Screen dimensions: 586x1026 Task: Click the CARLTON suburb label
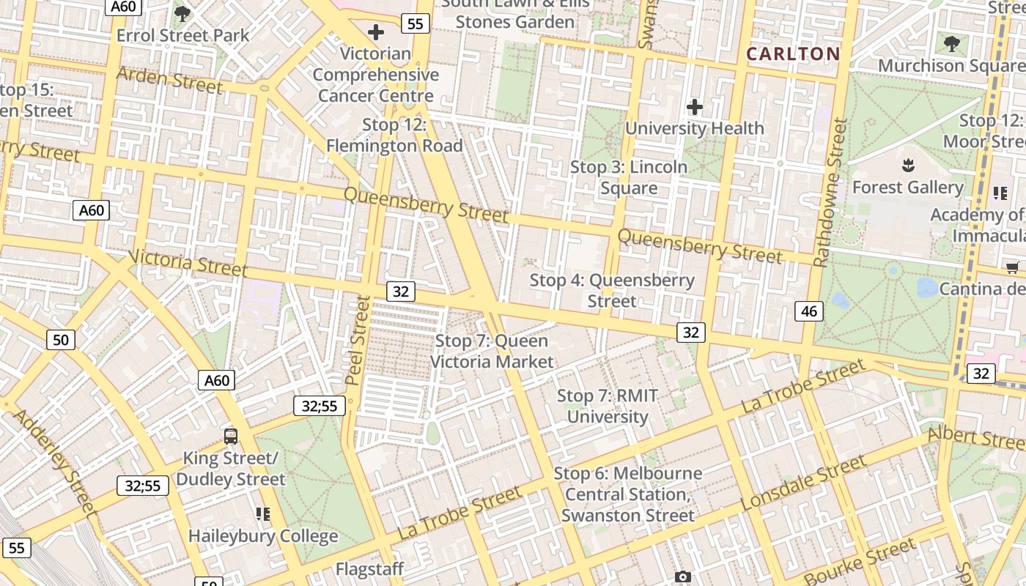793,53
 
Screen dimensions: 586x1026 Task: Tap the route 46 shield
809,311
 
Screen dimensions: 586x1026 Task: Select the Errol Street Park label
183,35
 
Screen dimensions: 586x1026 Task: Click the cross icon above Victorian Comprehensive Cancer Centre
376,32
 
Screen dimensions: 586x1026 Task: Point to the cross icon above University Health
694,108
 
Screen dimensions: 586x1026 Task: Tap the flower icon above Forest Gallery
908,166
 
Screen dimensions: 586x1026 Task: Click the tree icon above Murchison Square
951,44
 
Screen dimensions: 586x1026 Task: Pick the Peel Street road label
358,340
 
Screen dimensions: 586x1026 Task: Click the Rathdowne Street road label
830,193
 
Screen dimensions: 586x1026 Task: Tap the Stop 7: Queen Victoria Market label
492,351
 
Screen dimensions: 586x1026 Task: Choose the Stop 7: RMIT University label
608,407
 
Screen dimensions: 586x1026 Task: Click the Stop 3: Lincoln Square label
629,177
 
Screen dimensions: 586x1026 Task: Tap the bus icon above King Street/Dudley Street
231,437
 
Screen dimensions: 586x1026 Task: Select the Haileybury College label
263,535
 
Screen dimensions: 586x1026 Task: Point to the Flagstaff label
370,569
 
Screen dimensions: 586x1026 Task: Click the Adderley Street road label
55,461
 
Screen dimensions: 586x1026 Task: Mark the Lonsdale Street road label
804,483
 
